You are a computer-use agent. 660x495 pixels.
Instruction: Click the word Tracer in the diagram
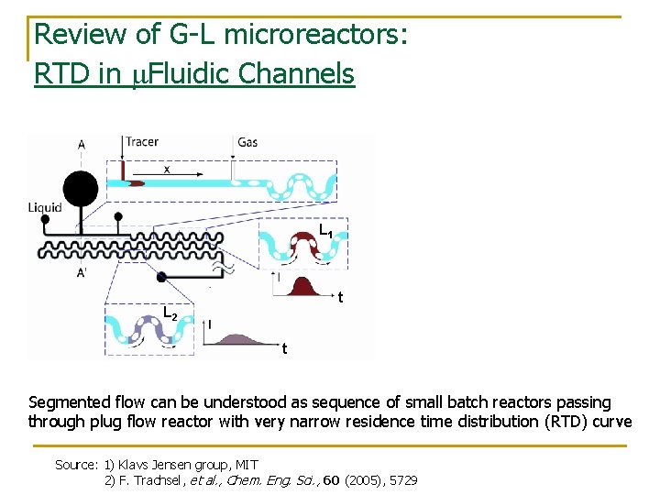pyautogui.click(x=142, y=142)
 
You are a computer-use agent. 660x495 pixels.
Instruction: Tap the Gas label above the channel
pyautogui.click(x=247, y=142)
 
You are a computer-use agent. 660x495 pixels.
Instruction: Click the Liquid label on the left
pyautogui.click(x=45, y=207)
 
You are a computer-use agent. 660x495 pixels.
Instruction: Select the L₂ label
pyautogui.click(x=170, y=313)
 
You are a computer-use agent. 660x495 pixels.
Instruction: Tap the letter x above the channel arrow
pyautogui.click(x=166, y=169)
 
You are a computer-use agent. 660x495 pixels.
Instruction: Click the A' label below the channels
pyautogui.click(x=82, y=273)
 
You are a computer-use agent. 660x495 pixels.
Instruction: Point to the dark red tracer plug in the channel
pyautogui.click(x=135, y=183)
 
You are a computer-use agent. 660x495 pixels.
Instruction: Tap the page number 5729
pyautogui.click(x=402, y=480)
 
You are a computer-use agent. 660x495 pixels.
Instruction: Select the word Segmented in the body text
pyautogui.click(x=64, y=402)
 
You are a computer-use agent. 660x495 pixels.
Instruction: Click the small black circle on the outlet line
pyautogui.click(x=162, y=277)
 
